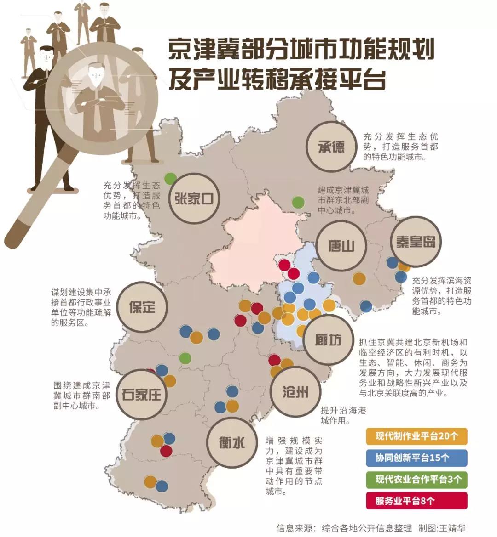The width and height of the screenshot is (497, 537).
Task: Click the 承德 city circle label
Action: pyautogui.click(x=331, y=146)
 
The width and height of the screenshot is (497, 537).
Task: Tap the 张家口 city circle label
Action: pyautogui.click(x=194, y=198)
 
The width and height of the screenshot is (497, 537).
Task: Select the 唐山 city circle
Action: pyautogui.click(x=341, y=245)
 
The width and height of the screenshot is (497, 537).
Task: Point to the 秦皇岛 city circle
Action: pyautogui.click(x=416, y=242)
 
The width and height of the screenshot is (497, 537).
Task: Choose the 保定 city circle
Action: pyautogui.click(x=142, y=307)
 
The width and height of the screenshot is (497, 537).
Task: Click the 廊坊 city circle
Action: pyautogui.click(x=328, y=339)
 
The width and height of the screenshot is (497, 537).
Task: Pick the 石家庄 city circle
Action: pyautogui.click(x=142, y=394)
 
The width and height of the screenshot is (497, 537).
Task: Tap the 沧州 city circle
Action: pyautogui.click(x=295, y=392)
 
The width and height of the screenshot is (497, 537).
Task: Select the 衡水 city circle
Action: pyautogui.click(x=231, y=442)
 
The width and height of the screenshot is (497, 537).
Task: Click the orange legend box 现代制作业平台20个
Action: pyautogui.click(x=416, y=436)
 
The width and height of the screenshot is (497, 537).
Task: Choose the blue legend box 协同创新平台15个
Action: pyautogui.click(x=416, y=458)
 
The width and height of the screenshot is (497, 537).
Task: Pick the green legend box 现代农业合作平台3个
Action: pyautogui.click(x=416, y=479)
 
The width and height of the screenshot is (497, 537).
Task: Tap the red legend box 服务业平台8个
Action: pyautogui.click(x=416, y=501)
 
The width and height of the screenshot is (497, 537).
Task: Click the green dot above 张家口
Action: pyautogui.click(x=171, y=177)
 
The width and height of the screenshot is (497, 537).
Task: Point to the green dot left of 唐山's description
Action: pyautogui.click(x=298, y=202)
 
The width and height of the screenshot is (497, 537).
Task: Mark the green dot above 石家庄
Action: pyautogui.click(x=185, y=357)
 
